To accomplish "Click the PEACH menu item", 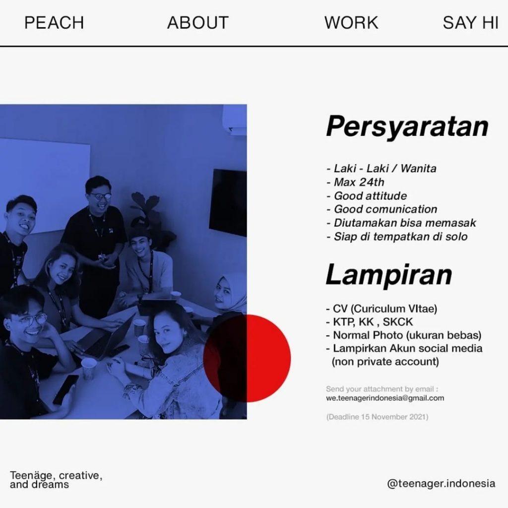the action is click(x=54, y=23).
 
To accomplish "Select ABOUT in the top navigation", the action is click(x=198, y=23).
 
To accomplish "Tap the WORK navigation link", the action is click(x=351, y=23).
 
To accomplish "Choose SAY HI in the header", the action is click(x=470, y=23).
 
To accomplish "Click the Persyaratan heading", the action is click(x=407, y=127).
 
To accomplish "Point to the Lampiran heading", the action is click(x=389, y=275).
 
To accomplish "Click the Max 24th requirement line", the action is click(x=355, y=182).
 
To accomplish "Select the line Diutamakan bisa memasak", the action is click(x=401, y=223).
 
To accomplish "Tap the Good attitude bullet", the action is click(x=367, y=195).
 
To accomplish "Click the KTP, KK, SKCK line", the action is click(x=369, y=321).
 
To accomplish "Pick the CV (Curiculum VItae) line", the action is click(x=381, y=309).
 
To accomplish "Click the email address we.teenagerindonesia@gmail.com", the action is click(x=385, y=398).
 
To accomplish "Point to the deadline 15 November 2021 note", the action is click(x=377, y=417).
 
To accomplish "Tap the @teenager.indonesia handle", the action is click(x=441, y=483).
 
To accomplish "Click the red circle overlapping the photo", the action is click(x=247, y=358).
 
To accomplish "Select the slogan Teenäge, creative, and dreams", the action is click(x=56, y=480).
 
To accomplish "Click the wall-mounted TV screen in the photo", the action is click(x=228, y=203).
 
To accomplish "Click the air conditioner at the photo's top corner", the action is click(x=235, y=119).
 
